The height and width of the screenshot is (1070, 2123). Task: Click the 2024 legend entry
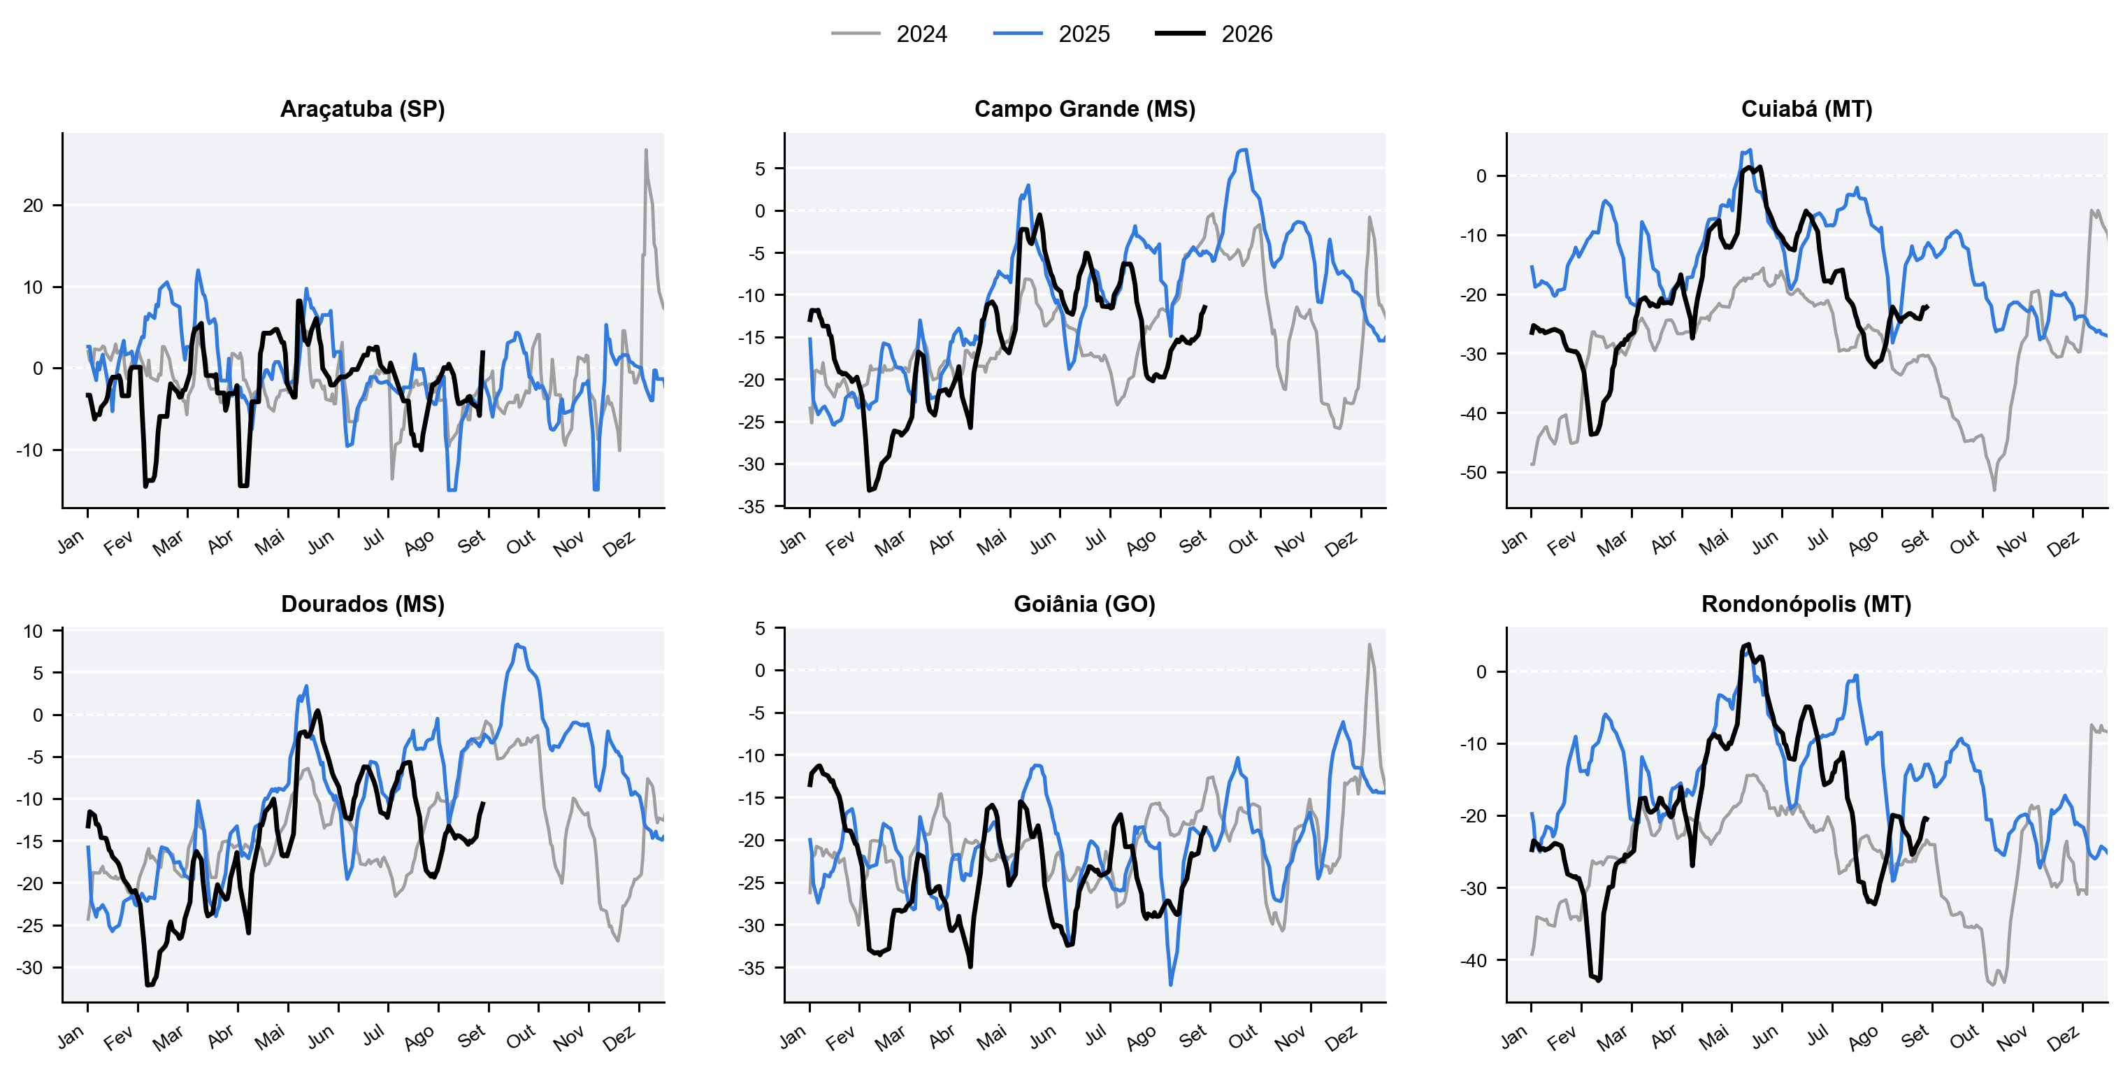coord(889,34)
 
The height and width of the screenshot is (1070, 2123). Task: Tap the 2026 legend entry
coord(1214,34)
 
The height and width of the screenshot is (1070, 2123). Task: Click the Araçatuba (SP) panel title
coord(363,109)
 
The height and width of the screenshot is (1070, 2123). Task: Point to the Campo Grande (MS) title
coord(1085,109)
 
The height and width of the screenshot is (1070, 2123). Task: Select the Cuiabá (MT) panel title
coord(1806,109)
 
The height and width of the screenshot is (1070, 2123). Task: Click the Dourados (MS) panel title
coord(363,604)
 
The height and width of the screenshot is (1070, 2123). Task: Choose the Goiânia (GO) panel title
coord(1085,604)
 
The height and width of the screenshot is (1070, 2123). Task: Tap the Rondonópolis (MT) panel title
coord(1806,604)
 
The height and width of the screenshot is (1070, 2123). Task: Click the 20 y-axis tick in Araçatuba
coord(33,206)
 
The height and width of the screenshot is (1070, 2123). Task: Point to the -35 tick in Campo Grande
coord(751,507)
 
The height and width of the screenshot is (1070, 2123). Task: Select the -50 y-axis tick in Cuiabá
coord(1473,472)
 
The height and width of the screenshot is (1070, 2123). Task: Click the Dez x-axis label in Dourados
coord(619,1039)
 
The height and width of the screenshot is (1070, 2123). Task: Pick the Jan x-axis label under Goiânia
coord(792,1037)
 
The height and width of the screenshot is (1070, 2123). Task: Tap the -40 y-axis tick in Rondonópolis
coord(1473,960)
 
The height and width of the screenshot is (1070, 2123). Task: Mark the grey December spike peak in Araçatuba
coord(646,150)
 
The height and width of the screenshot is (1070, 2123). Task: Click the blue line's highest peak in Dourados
coord(517,645)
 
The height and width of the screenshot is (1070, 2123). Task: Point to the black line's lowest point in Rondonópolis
coord(1599,980)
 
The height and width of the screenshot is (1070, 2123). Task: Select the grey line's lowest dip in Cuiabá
coord(1994,490)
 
